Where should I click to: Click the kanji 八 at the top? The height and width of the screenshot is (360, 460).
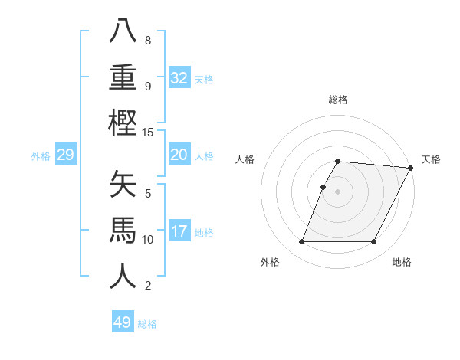point(123,31)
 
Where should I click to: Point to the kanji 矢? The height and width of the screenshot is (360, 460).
point(123,185)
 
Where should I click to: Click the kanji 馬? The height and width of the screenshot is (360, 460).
point(123,231)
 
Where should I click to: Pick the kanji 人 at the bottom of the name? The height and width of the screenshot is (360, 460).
point(123,277)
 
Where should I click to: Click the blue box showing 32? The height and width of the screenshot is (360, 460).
point(179,78)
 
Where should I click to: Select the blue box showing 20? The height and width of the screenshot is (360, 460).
point(179,155)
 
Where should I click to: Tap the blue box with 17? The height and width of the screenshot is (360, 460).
point(179,231)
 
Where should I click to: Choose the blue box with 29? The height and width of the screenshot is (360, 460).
point(65,155)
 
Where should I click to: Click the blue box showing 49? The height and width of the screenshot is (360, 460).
point(123,322)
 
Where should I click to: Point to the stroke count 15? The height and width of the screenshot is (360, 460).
point(148,133)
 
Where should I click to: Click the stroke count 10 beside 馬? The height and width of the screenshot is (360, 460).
point(148,240)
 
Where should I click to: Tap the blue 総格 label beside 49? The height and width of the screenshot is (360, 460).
point(148,324)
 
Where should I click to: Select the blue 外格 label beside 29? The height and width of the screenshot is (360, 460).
point(41,156)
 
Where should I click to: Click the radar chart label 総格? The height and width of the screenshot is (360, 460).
point(338,100)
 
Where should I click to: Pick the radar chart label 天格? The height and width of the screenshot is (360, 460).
point(431,159)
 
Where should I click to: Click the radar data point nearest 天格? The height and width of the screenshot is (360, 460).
point(411,168)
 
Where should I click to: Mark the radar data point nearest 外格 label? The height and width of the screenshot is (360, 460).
point(301,242)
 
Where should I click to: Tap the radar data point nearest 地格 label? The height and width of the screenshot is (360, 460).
point(374,242)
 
